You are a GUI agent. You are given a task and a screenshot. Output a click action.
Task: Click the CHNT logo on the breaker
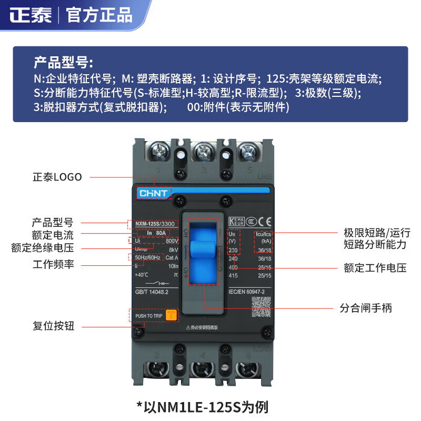pyautogui.click(x=153, y=193)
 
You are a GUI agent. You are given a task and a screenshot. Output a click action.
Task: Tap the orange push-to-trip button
pyautogui.click(x=172, y=316)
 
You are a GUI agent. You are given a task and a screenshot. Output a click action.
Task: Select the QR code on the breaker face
pyautogui.click(x=261, y=306)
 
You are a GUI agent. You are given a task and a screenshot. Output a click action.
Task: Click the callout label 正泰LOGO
pyautogui.click(x=57, y=177)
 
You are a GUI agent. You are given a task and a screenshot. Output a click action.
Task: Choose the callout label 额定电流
pyautogui.click(x=53, y=235)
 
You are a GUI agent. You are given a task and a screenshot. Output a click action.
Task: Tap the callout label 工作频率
pyautogui.click(x=53, y=264)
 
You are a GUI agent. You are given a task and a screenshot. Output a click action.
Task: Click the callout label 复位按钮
pyautogui.click(x=53, y=326)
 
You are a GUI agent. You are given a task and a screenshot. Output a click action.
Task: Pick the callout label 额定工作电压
pyautogui.click(x=375, y=268)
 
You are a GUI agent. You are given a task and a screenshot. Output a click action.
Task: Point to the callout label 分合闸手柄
pyautogui.click(x=366, y=308)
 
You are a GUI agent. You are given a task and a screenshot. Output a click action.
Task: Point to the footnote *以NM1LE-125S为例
pyautogui.click(x=210, y=407)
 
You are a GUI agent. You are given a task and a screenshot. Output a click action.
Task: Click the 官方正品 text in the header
pyautogui.click(x=99, y=14)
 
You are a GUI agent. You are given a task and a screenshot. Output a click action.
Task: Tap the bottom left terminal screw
pyautogui.click(x=157, y=369)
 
